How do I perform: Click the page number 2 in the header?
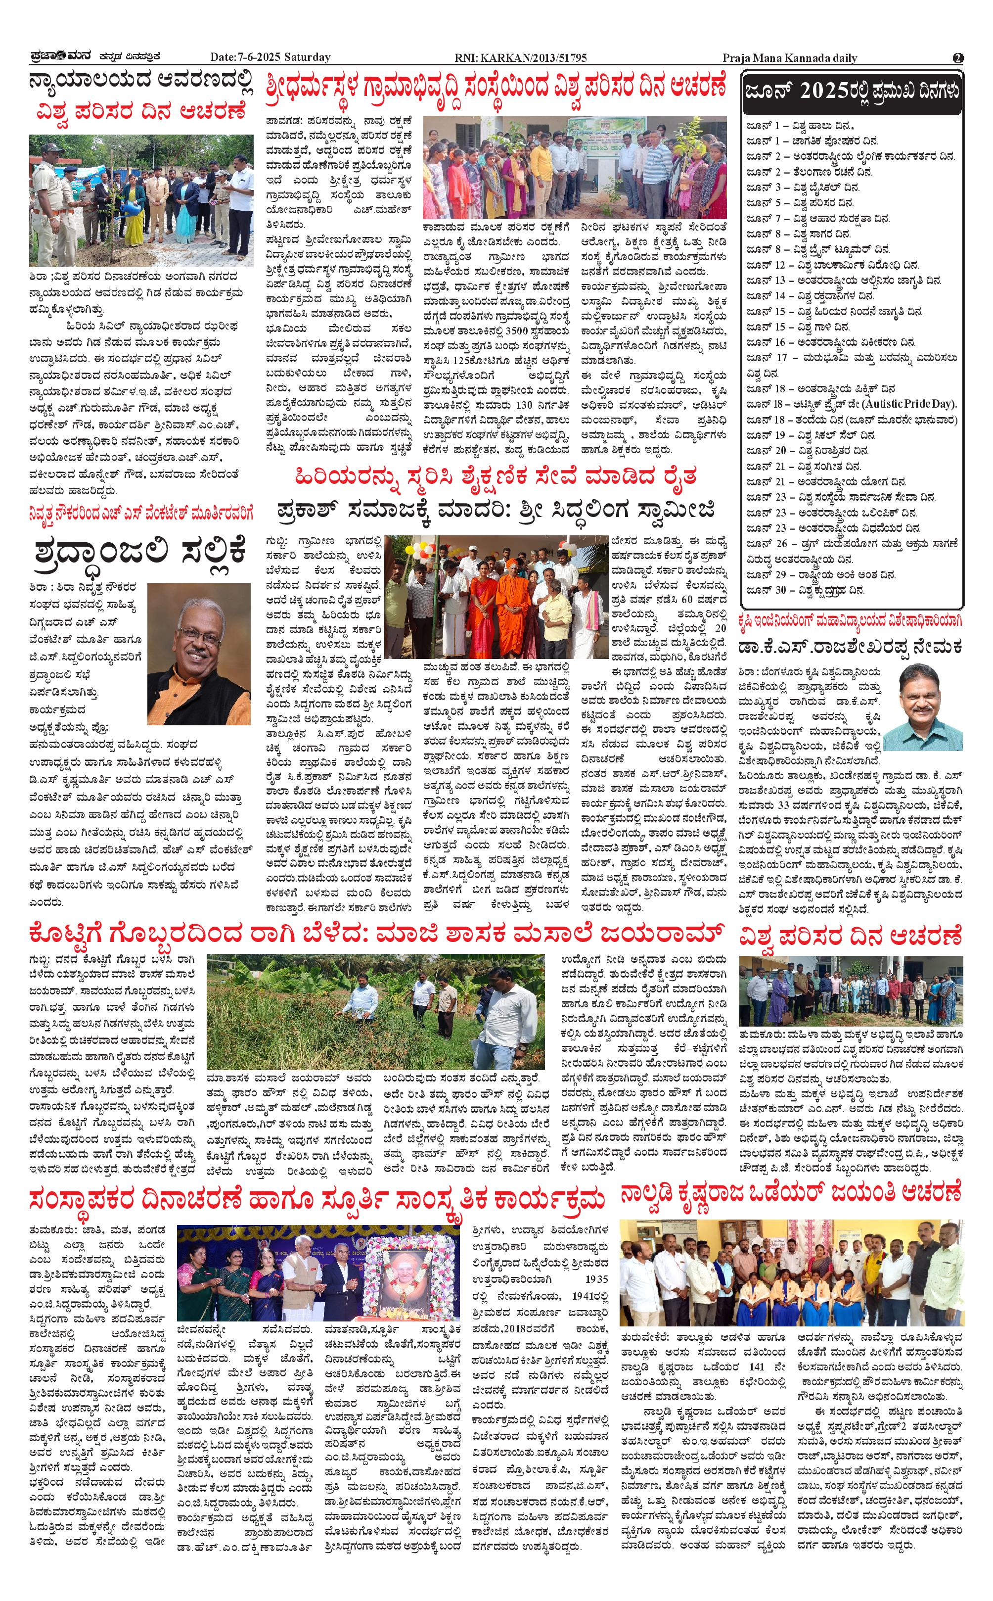tap(957, 58)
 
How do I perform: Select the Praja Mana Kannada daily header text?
tap(789, 58)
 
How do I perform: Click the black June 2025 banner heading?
tap(852, 92)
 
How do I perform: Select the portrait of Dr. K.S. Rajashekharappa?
tap(923, 706)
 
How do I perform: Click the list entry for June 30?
tap(805, 590)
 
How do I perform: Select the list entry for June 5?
tap(800, 203)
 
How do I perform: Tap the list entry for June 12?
tap(831, 265)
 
